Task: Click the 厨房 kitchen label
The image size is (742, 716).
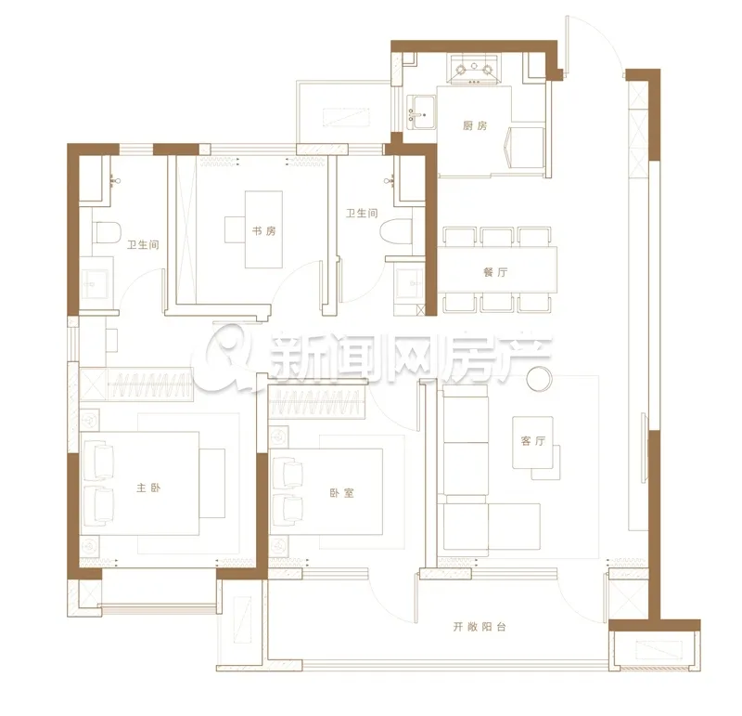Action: point(475,125)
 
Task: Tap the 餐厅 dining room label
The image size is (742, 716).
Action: point(495,272)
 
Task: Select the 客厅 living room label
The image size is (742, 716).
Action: point(532,441)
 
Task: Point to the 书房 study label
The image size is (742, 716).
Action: point(263,230)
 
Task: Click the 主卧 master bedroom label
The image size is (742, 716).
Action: point(148,488)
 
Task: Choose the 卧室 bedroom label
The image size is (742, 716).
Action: point(341,493)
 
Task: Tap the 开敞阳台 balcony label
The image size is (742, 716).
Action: point(480,627)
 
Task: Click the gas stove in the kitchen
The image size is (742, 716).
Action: point(474,70)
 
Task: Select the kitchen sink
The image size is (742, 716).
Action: point(421,112)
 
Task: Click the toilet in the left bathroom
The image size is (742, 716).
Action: point(107,232)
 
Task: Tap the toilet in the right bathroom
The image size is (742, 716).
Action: point(396,230)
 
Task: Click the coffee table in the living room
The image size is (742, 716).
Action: point(532,443)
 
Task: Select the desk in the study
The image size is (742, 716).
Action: point(263,229)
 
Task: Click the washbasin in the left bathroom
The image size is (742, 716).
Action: point(96,284)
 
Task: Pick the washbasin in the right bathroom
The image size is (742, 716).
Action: point(409,283)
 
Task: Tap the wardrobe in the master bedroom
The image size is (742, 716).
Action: point(136,384)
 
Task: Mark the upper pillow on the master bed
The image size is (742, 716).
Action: point(99,459)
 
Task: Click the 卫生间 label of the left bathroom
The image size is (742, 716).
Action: point(143,244)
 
